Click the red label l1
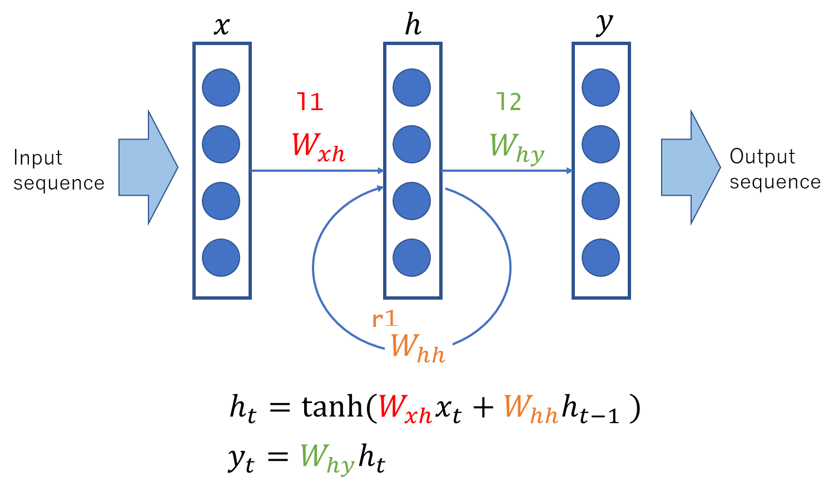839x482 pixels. coord(310,102)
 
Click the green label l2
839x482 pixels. coord(509,102)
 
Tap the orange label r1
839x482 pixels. coord(384,319)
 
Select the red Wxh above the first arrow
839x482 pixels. coord(318,147)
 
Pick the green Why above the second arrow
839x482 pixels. coord(517,148)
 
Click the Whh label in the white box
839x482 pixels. coord(418,346)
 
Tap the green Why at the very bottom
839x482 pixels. coord(327,458)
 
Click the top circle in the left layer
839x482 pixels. coord(221,87)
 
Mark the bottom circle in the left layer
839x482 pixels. coord(221,257)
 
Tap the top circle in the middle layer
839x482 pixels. coord(411,87)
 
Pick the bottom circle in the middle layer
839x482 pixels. coord(411,257)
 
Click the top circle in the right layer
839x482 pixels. coord(600,87)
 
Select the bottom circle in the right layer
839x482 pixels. coord(600,257)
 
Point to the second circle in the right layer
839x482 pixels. coord(600,144)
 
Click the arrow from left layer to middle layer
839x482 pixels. coord(317,171)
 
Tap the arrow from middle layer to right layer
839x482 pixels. coord(507,171)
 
